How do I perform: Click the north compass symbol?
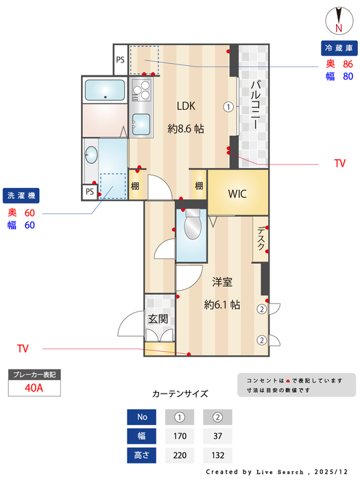coord(339,19)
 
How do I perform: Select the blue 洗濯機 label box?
coord(23,195)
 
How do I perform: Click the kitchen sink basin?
coord(142,124)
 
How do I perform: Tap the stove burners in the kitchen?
coord(142,91)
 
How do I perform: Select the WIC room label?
coord(237,193)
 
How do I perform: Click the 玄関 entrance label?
coord(159,319)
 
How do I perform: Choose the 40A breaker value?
coord(34,387)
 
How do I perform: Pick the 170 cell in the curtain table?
coord(180,435)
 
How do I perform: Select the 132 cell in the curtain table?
coord(217,455)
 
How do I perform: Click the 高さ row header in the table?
coord(142,455)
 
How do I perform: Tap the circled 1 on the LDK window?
coord(228,106)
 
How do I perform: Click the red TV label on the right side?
coord(339,164)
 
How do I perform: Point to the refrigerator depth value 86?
coord(348,64)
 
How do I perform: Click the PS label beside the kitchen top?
coord(120,60)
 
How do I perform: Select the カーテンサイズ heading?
coord(180,394)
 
